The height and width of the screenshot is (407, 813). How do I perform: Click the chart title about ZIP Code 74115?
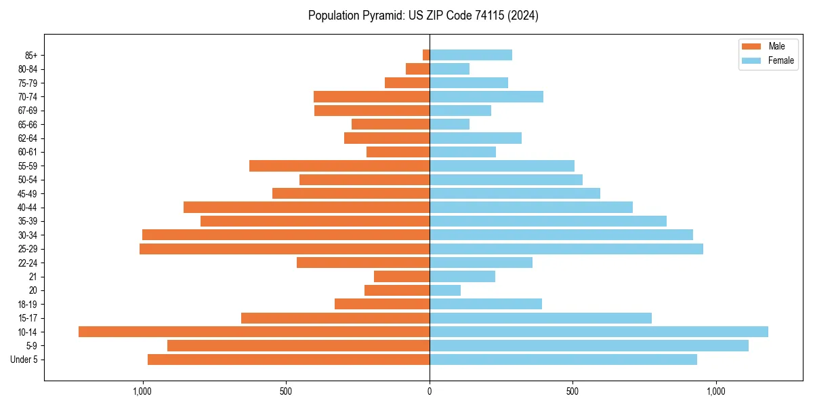click(423, 16)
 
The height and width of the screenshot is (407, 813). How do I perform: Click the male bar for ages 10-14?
click(254, 332)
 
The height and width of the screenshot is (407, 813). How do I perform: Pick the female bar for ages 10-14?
click(599, 332)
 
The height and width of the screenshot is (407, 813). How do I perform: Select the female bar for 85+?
click(471, 55)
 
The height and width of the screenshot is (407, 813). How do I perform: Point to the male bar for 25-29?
click(285, 249)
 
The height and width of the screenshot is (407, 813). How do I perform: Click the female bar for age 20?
click(445, 290)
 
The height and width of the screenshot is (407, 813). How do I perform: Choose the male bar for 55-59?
click(339, 166)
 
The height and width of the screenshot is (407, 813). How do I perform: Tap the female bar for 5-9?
click(589, 345)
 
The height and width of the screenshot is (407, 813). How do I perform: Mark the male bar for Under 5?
click(289, 360)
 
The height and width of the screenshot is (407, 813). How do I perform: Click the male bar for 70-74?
click(371, 96)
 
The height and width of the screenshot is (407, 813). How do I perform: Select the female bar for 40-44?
click(531, 207)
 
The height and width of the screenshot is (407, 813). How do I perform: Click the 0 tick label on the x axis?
click(430, 391)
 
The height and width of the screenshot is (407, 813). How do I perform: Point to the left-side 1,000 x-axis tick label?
click(142, 391)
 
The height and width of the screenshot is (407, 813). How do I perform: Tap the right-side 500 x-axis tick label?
click(572, 391)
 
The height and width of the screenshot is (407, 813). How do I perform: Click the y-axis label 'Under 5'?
click(24, 360)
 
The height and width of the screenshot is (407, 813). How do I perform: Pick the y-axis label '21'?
click(33, 277)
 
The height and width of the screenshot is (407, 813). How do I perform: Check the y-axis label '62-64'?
click(28, 138)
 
